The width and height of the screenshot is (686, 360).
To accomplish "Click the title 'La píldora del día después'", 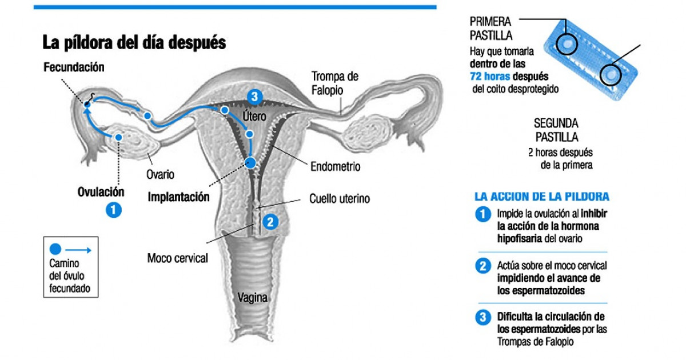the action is (134, 42).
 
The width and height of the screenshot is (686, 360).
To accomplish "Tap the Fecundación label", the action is (74, 67).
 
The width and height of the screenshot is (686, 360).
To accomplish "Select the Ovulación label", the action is (101, 192).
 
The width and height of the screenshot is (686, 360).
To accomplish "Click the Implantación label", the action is (178, 197).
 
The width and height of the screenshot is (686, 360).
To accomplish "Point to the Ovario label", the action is (160, 174).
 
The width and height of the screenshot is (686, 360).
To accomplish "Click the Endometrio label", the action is (336, 166).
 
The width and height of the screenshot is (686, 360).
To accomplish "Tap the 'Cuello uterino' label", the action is (340, 199).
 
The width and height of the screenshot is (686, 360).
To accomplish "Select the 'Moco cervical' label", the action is (178, 258).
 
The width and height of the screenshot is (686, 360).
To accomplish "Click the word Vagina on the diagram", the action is (252, 298).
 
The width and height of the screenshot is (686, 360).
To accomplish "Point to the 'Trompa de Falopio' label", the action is (335, 83).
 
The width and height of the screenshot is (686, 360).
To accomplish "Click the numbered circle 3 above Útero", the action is (254, 97).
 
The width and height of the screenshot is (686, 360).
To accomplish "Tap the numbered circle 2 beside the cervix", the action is (270, 222).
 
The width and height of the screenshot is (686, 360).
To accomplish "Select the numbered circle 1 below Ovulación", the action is (114, 210).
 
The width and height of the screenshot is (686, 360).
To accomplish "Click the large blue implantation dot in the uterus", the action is (251, 163).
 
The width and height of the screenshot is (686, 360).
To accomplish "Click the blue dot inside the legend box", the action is (55, 249).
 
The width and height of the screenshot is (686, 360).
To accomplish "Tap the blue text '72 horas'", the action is (490, 76).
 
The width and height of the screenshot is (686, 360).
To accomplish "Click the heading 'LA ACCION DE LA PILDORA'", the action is (542, 197).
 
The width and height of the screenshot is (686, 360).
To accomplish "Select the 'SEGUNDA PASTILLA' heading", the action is (556, 130).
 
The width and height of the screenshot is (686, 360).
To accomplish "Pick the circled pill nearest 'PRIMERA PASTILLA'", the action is (567, 45).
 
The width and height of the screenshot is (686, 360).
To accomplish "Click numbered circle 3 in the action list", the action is (483, 318).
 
